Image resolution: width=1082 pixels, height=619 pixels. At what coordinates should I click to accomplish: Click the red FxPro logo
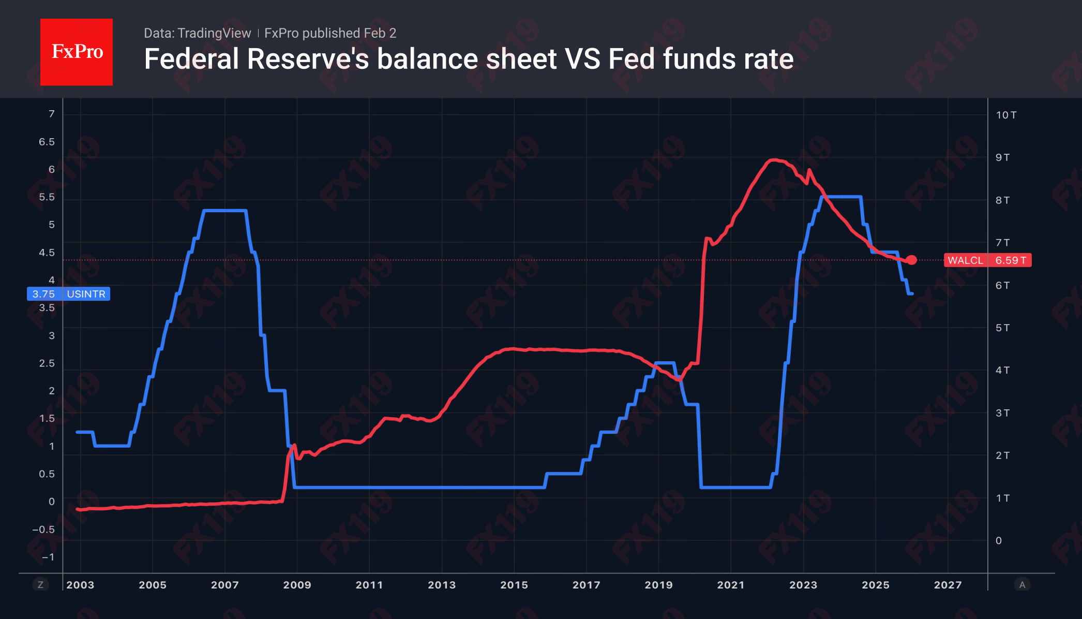pyautogui.click(x=77, y=52)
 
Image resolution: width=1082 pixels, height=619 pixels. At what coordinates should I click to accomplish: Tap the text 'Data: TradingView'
pyautogui.click(x=197, y=33)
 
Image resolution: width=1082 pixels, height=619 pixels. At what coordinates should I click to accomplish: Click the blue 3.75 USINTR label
pyautogui.click(x=68, y=294)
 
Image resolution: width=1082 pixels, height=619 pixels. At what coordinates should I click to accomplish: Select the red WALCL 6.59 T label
pyautogui.click(x=987, y=260)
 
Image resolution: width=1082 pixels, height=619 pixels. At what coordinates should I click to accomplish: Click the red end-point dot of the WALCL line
pyautogui.click(x=911, y=260)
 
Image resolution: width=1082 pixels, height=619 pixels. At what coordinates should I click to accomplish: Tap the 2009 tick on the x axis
pyautogui.click(x=297, y=585)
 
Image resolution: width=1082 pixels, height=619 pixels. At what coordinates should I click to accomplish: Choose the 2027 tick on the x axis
pyautogui.click(x=948, y=585)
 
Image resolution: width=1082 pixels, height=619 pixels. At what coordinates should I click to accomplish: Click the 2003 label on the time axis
pyautogui.click(x=80, y=585)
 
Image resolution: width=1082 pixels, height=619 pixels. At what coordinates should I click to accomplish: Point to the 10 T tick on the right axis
pyautogui.click(x=1006, y=115)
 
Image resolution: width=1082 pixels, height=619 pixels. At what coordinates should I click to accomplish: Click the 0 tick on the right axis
pyautogui.click(x=999, y=541)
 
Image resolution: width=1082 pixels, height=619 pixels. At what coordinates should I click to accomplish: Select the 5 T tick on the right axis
pyautogui.click(x=1002, y=328)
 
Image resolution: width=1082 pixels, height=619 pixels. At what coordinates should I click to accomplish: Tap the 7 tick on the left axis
pyautogui.click(x=51, y=114)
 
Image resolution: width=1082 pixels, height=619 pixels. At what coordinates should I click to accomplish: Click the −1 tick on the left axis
pyautogui.click(x=48, y=557)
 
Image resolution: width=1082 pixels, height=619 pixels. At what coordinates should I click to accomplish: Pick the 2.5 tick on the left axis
pyautogui.click(x=47, y=363)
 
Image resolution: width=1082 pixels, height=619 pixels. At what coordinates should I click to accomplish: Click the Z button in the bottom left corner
pyautogui.click(x=40, y=585)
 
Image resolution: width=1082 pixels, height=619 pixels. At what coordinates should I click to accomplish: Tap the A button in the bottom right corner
pyautogui.click(x=1022, y=585)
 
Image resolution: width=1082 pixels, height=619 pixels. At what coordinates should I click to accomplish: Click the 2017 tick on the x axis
pyautogui.click(x=586, y=585)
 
